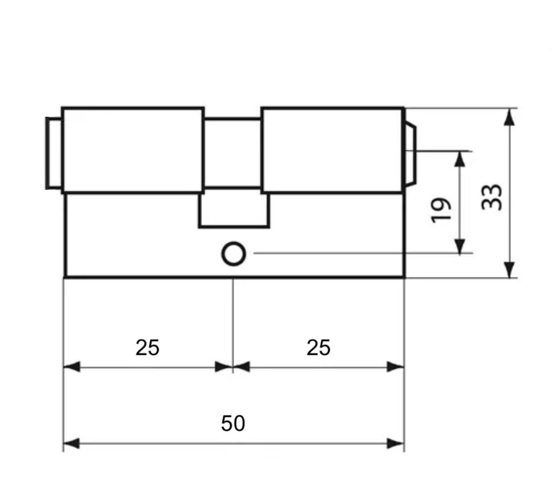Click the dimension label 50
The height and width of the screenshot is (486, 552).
pyautogui.click(x=233, y=423)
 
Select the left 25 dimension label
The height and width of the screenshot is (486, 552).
pyautogui.click(x=147, y=348)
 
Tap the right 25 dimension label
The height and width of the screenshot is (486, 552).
pyautogui.click(x=318, y=348)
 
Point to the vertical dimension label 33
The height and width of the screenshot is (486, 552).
pyautogui.click(x=492, y=197)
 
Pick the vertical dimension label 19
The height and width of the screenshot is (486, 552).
pyautogui.click(x=441, y=210)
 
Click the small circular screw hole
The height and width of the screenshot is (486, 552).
pyautogui.click(x=234, y=254)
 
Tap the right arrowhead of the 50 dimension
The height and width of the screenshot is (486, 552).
pyautogui.click(x=395, y=443)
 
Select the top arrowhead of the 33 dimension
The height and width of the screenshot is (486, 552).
pyautogui.click(x=509, y=117)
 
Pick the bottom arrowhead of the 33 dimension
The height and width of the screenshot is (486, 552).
pyautogui.click(x=509, y=269)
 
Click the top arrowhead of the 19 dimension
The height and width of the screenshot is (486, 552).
pyautogui.click(x=460, y=160)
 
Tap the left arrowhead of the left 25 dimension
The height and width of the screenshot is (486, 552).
pyautogui.click(x=71, y=366)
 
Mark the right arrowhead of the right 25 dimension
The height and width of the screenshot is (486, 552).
pyautogui.click(x=395, y=366)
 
